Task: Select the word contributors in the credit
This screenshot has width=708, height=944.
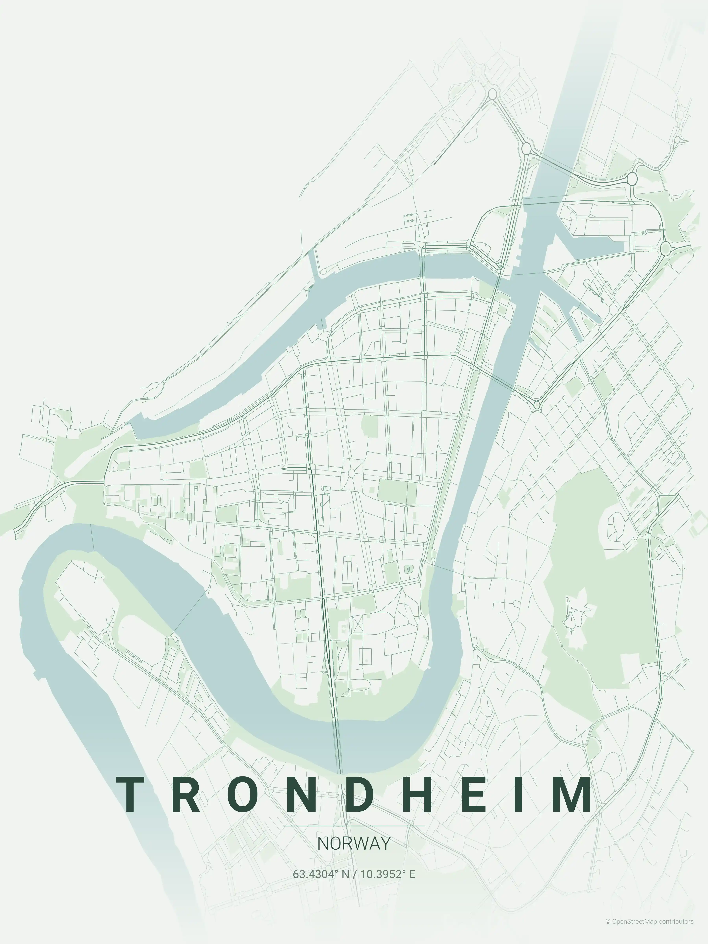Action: click(x=676, y=930)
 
